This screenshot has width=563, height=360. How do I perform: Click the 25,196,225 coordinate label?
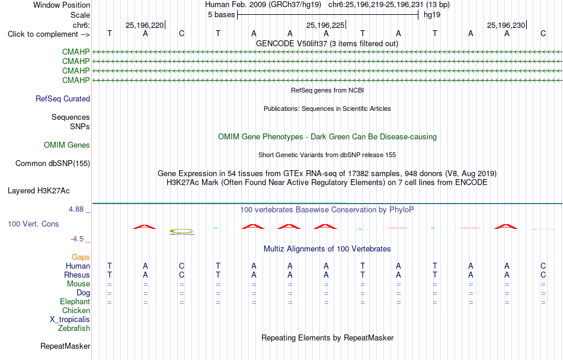coord(325,25)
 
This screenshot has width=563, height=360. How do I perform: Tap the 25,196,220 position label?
coord(145,25)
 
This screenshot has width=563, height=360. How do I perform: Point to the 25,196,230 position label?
coord(506,25)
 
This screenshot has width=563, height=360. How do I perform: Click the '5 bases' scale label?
coord(221,15)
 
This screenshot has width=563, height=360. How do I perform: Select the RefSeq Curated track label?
coord(63,99)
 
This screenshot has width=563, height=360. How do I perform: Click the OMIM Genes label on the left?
coord(67,145)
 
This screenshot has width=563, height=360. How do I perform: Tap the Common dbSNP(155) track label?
coord(53,164)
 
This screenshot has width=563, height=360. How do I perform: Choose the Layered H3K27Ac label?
coord(39,191)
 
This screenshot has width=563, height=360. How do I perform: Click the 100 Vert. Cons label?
coord(33,224)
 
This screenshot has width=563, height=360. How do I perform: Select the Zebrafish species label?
coord(74,329)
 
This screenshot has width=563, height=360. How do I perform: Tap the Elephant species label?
coord(75,302)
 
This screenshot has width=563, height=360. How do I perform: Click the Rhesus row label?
coord(77,275)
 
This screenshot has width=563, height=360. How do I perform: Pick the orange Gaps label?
coord(81,257)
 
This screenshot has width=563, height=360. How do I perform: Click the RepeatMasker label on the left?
coord(65,346)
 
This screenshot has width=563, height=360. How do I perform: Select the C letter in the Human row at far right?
coord(543,266)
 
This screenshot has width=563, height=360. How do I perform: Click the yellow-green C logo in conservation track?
coord(182,231)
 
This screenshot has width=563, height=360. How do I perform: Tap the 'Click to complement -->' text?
coord(49,34)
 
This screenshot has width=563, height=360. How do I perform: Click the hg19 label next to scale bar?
coord(432,15)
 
